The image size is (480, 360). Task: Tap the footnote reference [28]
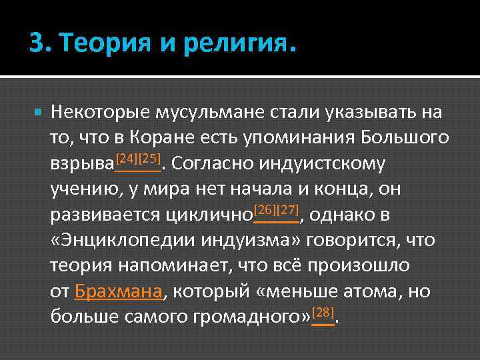(x=323, y=312)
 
